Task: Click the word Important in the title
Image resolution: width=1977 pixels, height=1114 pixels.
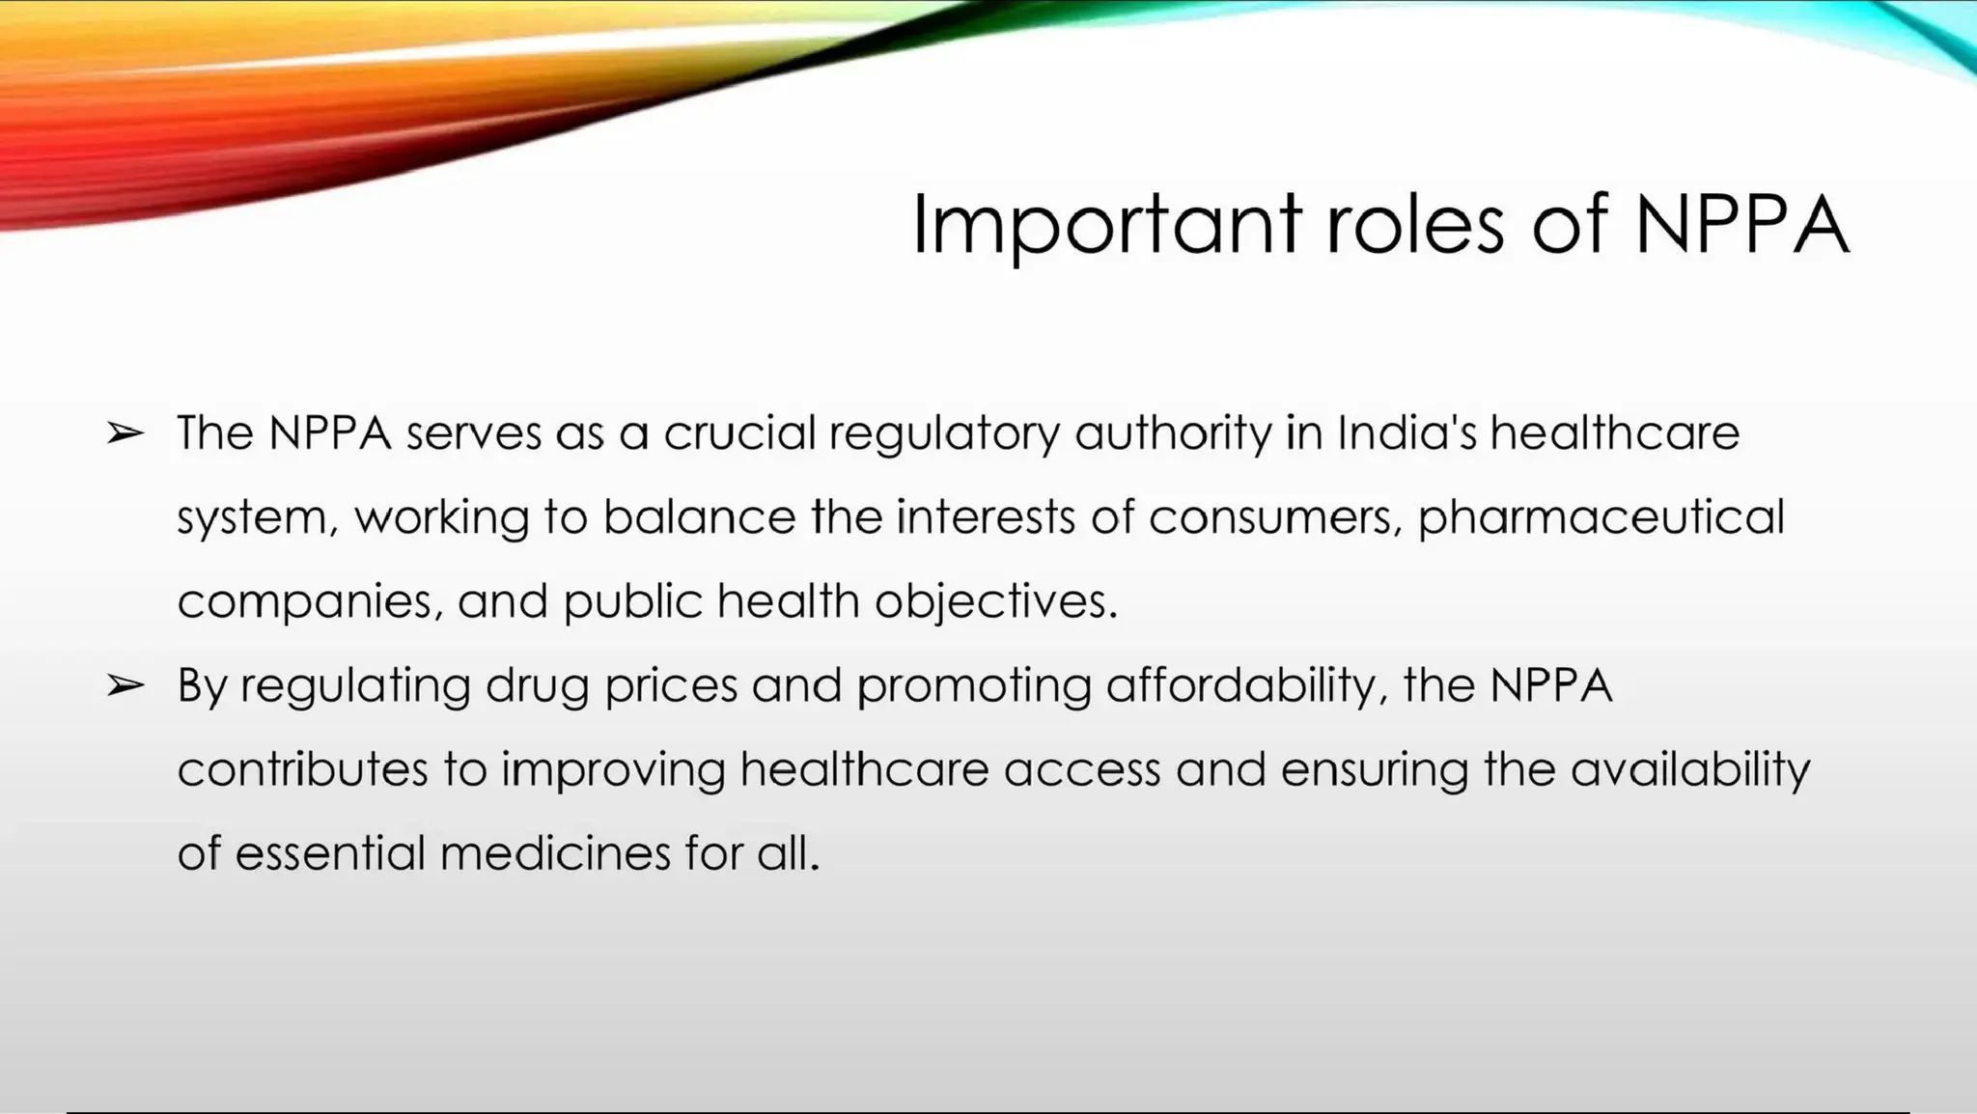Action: [1106, 226]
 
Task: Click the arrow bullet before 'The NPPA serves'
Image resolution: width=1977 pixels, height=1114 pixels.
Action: [125, 433]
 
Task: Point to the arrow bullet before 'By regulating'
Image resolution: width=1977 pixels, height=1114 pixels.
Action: [125, 686]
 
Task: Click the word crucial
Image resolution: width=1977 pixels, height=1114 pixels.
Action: [740, 433]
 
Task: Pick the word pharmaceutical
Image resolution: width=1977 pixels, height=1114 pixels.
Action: [1601, 518]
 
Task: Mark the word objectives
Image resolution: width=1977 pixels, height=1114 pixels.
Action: [995, 602]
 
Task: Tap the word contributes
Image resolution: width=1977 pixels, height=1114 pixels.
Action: [302, 770]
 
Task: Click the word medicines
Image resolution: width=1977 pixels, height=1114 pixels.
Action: [555, 854]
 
